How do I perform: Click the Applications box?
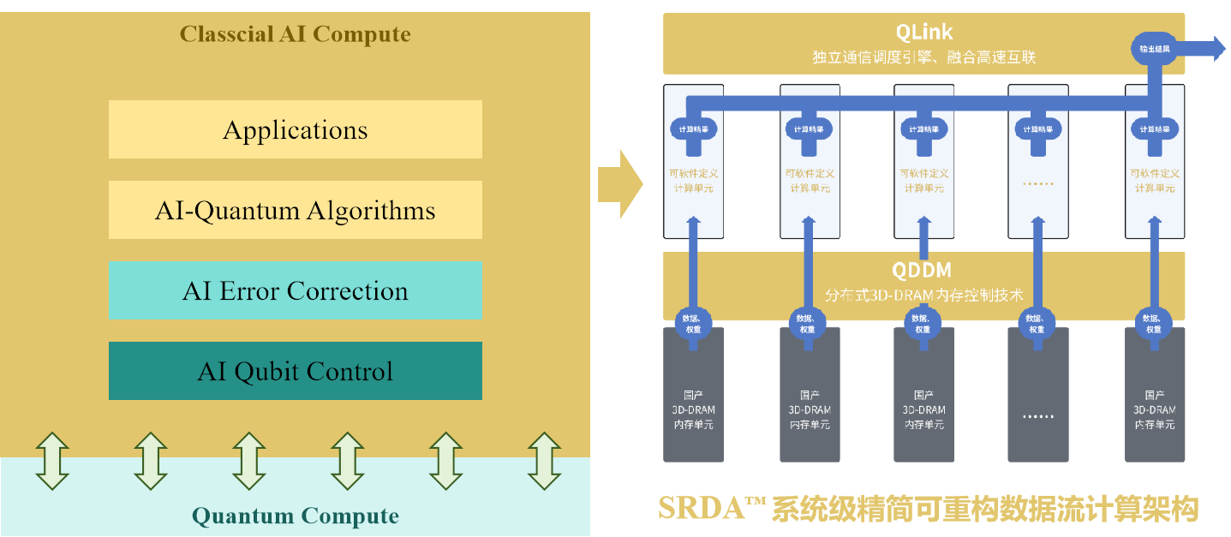point(295,130)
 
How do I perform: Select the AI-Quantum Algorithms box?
point(295,211)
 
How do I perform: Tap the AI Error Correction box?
point(295,291)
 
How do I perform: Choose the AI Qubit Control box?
point(295,372)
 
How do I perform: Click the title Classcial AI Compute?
point(295,35)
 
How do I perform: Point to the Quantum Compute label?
point(295,516)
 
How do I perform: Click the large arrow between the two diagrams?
point(619,182)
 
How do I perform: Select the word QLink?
point(923,33)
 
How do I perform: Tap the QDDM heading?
point(921,271)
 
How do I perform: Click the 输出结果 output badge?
point(1154,48)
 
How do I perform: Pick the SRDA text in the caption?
point(701,509)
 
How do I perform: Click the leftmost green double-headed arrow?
point(51,461)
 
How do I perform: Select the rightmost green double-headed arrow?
point(544,461)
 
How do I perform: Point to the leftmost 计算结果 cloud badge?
point(693,129)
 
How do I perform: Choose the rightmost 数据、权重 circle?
point(1153,323)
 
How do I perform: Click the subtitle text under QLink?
point(923,58)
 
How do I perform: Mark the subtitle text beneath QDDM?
point(923,295)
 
